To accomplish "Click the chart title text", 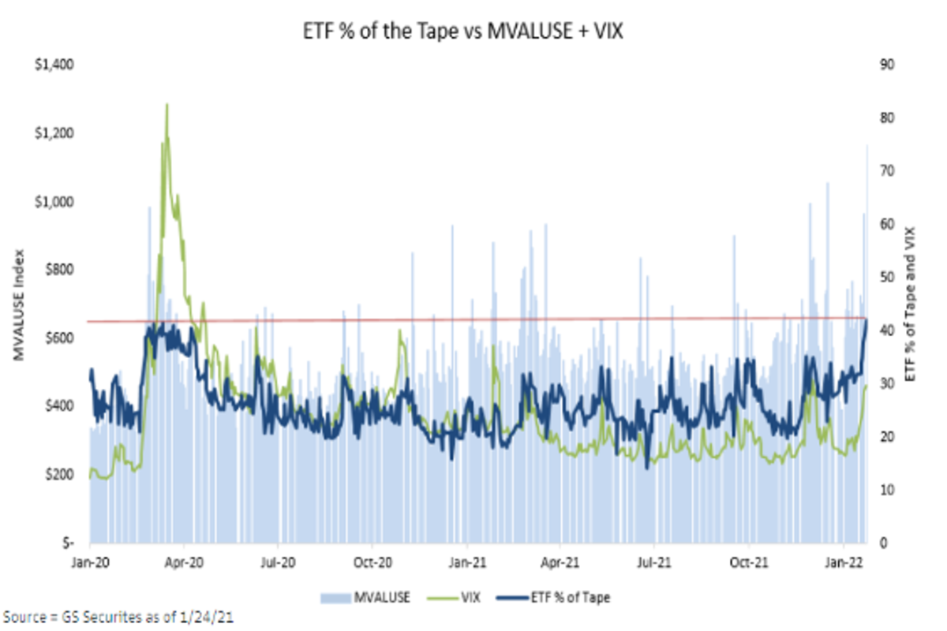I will coord(473,33).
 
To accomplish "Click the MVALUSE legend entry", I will coord(365,597).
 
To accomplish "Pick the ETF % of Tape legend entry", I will coord(552,597).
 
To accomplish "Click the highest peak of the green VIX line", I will coord(167,104).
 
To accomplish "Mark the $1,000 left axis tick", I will coord(55,201).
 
